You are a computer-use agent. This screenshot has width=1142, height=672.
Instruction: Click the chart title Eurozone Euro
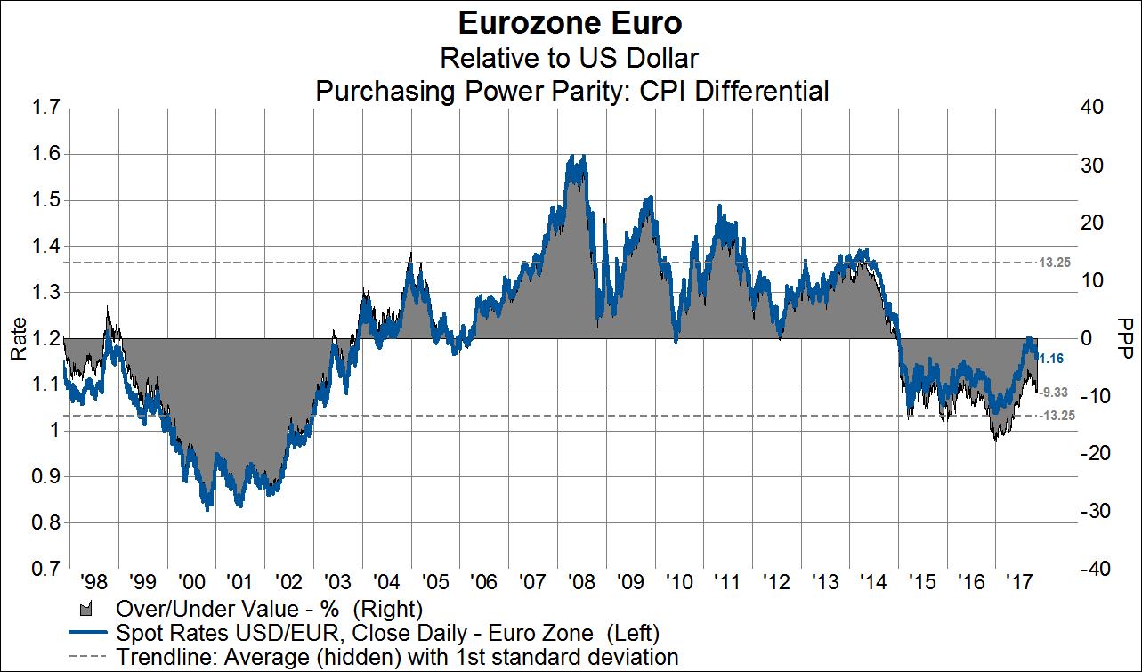(x=570, y=22)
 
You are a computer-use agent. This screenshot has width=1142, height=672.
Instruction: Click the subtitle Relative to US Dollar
(x=570, y=58)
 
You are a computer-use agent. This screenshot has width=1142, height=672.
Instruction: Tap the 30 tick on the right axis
(x=1092, y=166)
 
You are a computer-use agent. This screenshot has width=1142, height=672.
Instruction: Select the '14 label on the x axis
(x=874, y=584)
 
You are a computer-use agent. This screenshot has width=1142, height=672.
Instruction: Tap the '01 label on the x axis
(x=239, y=584)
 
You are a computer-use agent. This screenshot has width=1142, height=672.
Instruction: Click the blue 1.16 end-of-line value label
(x=1053, y=358)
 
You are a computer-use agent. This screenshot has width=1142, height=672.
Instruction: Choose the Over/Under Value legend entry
(x=267, y=610)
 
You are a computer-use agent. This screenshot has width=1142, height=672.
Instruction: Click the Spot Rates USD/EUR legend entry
(x=387, y=634)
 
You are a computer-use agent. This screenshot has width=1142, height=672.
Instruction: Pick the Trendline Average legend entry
(x=396, y=658)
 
